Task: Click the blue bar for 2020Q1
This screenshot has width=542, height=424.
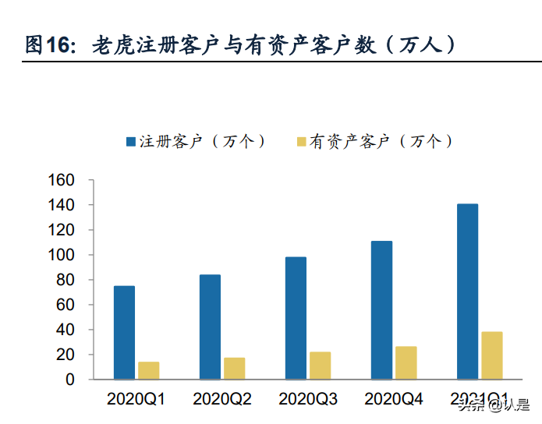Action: pos(124,333)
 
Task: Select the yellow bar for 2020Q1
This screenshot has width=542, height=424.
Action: pos(149,370)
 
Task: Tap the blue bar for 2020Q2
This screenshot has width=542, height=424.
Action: pos(210,327)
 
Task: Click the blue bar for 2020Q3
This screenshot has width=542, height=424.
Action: pos(296,318)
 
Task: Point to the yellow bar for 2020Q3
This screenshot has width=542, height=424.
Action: pos(321,366)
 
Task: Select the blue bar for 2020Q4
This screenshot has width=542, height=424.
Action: pos(381,310)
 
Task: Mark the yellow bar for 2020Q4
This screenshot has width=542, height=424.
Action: pos(406,363)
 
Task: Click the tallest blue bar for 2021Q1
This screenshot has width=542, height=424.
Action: pos(468,291)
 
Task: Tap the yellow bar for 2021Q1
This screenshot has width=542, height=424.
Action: pos(492,355)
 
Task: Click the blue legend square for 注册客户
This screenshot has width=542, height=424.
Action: pos(131,142)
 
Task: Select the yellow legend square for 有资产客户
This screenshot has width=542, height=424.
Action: pos(301,142)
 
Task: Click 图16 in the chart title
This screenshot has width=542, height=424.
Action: pos(47,45)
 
